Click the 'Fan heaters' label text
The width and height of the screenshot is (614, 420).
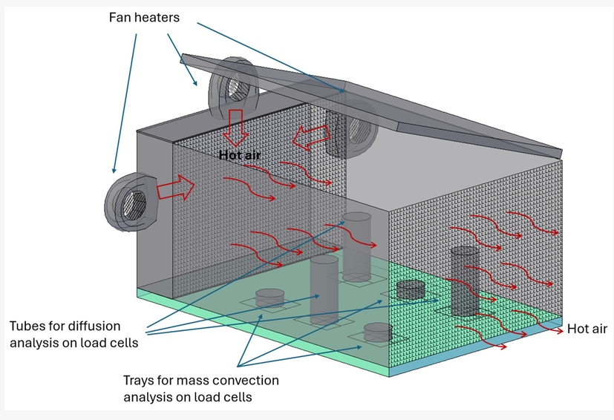point(144,17)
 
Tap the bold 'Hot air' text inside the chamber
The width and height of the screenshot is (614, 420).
point(240,155)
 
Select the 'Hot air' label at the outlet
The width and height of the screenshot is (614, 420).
point(587,329)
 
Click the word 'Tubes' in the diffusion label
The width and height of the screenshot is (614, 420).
point(27,326)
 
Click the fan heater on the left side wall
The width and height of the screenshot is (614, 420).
point(131,202)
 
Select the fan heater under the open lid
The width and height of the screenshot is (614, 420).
point(233,88)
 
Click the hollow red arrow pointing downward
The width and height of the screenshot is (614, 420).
point(235,128)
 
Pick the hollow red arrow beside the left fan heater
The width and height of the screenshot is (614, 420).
point(175,188)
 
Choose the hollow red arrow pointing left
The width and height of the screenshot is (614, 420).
point(312,137)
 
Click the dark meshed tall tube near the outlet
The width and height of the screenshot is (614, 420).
point(465,281)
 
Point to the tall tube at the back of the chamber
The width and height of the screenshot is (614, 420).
point(356,247)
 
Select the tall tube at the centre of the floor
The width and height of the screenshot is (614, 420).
point(324,290)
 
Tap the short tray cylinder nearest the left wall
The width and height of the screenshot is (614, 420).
point(270,298)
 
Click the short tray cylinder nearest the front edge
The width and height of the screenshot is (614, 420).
point(378,332)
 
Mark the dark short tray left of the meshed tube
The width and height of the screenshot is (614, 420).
point(411,289)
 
